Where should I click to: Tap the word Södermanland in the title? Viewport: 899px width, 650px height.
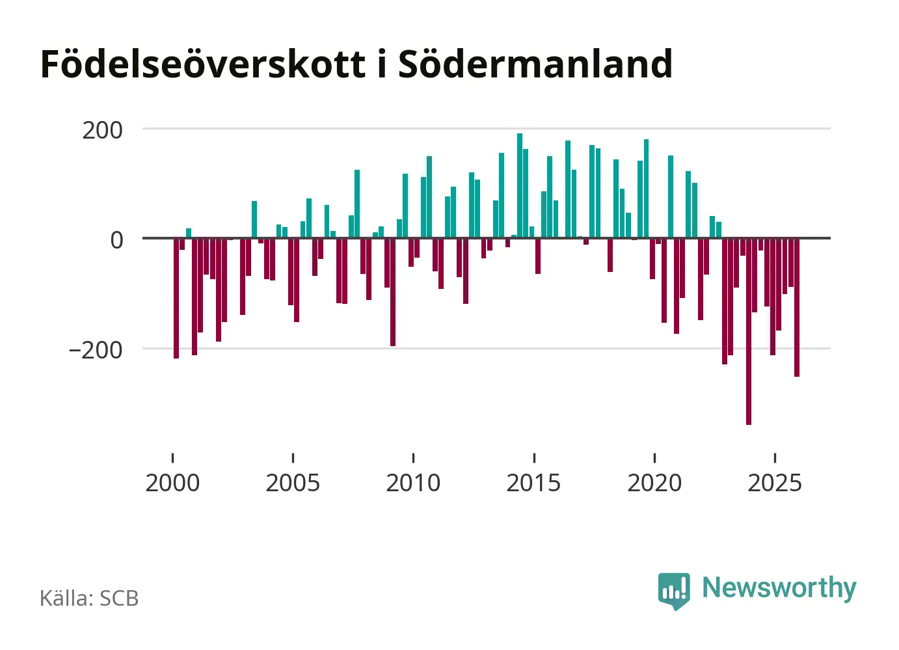(x=535, y=64)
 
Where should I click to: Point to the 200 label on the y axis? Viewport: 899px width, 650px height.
(x=102, y=130)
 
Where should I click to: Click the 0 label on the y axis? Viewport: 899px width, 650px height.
(x=116, y=240)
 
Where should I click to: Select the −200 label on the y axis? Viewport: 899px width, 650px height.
(x=96, y=350)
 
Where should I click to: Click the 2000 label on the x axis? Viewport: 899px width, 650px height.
(x=172, y=483)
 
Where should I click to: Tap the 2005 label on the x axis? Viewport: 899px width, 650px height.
(x=293, y=483)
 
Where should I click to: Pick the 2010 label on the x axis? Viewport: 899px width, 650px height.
(x=413, y=483)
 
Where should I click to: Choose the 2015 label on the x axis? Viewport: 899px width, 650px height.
(x=533, y=483)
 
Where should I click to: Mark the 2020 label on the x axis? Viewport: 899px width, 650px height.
(x=654, y=483)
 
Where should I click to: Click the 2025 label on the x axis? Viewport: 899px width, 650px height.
(x=775, y=483)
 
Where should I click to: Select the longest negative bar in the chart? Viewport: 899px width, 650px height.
(x=749, y=332)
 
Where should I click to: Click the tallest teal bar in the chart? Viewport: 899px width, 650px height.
(x=520, y=185)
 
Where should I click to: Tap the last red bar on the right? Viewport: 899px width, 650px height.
(x=797, y=307)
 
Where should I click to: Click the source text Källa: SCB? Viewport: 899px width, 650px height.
(x=89, y=599)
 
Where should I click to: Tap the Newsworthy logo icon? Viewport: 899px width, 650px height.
(x=674, y=590)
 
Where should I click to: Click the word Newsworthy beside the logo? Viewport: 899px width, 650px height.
(x=779, y=588)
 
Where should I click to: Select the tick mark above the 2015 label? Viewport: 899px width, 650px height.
(x=534, y=457)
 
